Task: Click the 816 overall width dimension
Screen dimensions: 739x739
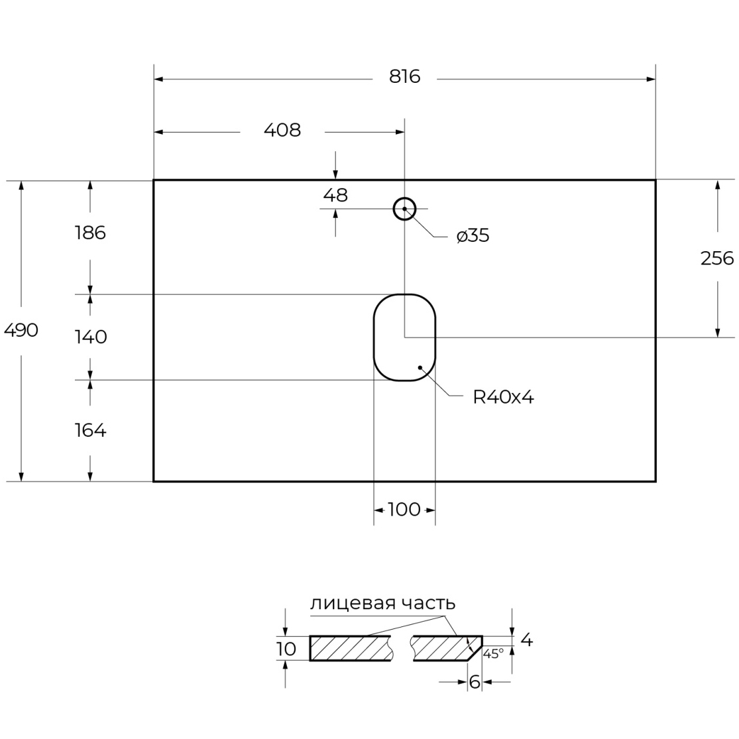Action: pos(404,76)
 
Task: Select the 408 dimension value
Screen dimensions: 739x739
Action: pos(282,130)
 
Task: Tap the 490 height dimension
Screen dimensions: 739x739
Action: pos(21,330)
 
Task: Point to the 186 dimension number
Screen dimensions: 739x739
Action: pos(90,233)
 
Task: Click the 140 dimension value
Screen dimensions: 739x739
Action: pos(91,337)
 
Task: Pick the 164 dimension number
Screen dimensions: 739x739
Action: pos(91,430)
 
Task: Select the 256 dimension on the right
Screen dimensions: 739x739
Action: pos(717,258)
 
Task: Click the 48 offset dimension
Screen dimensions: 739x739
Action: pos(335,195)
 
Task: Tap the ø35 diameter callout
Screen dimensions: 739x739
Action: pos(473,235)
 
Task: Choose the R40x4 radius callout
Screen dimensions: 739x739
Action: pos(503,397)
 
